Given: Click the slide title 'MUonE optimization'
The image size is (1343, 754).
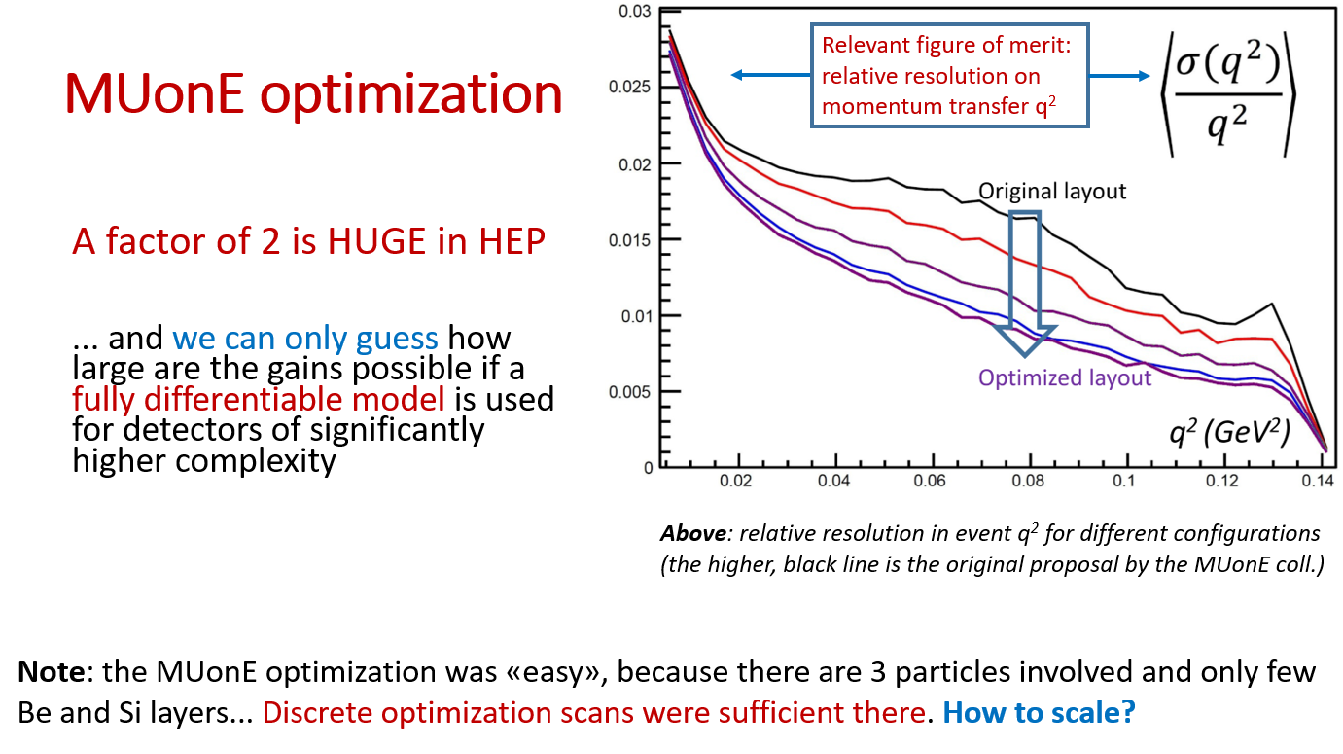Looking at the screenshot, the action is [x=313, y=93].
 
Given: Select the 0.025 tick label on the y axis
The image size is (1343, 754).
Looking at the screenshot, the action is [x=629, y=87].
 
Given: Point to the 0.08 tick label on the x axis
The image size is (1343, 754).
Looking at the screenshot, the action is [x=1028, y=481].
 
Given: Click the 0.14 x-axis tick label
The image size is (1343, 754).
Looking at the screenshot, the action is [x=1317, y=481].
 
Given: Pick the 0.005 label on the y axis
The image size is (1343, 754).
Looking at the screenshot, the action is [x=629, y=392].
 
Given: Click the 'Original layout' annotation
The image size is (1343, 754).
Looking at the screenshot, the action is [x=1052, y=192].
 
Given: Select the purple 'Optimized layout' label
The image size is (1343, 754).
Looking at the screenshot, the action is [x=1065, y=378].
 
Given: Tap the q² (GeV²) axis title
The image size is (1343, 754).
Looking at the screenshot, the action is [x=1229, y=431].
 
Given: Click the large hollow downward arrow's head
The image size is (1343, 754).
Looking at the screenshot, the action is [x=1025, y=341].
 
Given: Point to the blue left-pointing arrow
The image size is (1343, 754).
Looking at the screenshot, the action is [x=771, y=75].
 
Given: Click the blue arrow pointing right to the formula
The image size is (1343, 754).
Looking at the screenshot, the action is [x=1119, y=76].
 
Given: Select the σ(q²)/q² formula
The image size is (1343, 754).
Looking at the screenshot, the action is [x=1228, y=94].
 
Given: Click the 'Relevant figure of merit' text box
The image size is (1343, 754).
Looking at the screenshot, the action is [x=950, y=76].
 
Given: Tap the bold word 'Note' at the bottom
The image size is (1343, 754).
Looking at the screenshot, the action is [x=52, y=672].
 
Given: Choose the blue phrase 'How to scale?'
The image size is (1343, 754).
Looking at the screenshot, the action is [x=1039, y=712].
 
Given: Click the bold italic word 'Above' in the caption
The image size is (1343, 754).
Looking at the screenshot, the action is [x=693, y=533].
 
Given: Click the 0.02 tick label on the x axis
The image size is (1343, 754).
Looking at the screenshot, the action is [x=735, y=481].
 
